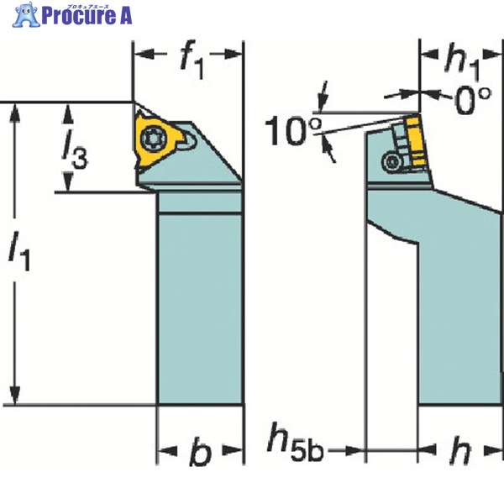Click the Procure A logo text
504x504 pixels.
(87, 15)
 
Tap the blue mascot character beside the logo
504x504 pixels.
(26, 14)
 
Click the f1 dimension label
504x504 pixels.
(192, 60)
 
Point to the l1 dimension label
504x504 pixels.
(19, 250)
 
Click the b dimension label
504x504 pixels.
(201, 451)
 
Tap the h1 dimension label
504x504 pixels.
(462, 61)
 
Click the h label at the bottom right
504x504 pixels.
(460, 450)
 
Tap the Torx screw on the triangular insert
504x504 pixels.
(154, 138)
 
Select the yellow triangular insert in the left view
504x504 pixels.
(157, 139)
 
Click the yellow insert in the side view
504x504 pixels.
(415, 141)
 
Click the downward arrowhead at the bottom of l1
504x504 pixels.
(15, 395)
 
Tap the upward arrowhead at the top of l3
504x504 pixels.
(67, 113)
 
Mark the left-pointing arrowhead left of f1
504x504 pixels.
(144, 54)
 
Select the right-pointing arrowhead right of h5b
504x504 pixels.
(355, 450)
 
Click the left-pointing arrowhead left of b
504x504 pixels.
(167, 450)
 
